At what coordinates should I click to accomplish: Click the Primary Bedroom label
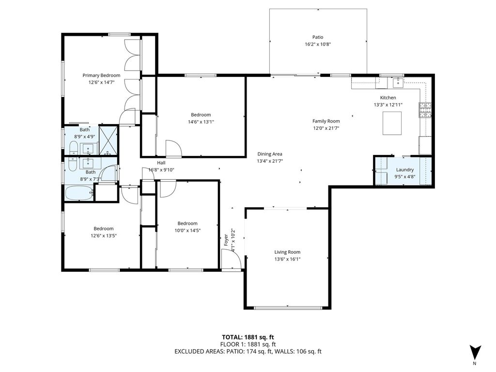[x=101, y=75]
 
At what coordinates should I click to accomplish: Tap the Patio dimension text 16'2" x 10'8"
[x=318, y=44]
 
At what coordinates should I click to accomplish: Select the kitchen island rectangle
[x=392, y=123]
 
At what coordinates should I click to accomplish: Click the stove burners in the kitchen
[x=425, y=110]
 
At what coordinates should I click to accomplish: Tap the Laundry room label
[x=404, y=170]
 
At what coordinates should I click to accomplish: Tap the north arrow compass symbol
[x=476, y=352]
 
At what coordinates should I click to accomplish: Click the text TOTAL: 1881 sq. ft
[x=248, y=337]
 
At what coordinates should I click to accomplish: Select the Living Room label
[x=287, y=252]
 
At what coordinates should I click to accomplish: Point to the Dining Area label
[x=269, y=154]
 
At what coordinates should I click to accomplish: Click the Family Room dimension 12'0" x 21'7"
[x=325, y=128]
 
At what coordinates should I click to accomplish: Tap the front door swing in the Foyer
[x=232, y=259]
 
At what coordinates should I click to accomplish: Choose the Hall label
[x=161, y=163]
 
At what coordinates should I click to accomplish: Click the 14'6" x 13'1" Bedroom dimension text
[x=201, y=122]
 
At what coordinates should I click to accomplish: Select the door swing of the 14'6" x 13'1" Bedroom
[x=173, y=149]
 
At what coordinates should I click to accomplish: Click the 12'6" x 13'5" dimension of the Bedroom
[x=104, y=235]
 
